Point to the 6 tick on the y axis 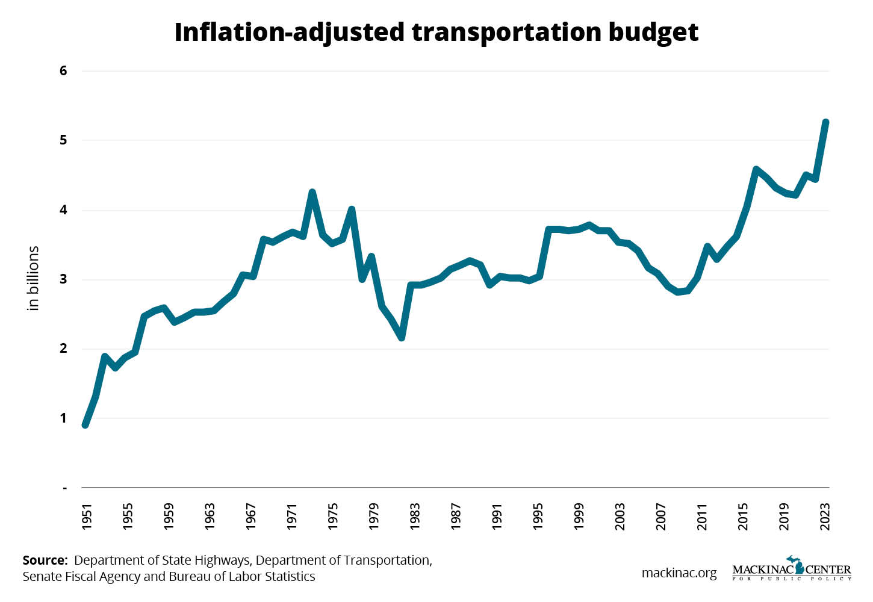63,71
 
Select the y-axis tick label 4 63,210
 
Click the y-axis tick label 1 63,418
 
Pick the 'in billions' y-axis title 33,278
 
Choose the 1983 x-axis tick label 415,517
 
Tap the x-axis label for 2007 662,517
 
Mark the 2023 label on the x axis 825,517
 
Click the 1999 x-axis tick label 579,517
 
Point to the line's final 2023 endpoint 826,122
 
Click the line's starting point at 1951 85,425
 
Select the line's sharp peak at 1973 312,192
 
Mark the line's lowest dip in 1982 402,338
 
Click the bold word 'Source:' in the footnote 45,560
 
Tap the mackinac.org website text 679,573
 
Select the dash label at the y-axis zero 64,488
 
